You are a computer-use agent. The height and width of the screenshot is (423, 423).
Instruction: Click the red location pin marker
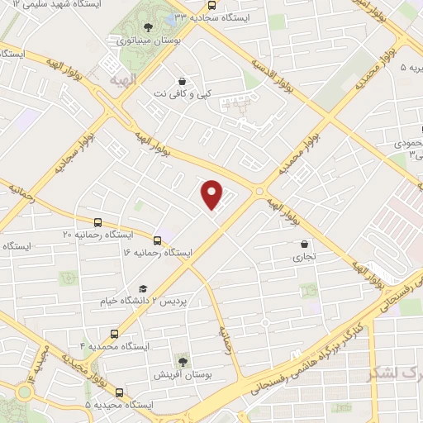[213, 195]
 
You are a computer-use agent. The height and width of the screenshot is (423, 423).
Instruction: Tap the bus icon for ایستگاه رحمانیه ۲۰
[98, 222]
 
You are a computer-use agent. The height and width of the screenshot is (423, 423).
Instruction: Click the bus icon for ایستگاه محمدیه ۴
[114, 335]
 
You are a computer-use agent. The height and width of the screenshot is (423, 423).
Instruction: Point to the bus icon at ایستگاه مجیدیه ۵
[120, 392]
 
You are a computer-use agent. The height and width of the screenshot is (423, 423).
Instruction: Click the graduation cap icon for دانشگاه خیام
[143, 288]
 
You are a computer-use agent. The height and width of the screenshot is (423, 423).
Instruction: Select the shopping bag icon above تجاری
[306, 244]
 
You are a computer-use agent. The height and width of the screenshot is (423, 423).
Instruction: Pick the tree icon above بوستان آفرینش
[183, 362]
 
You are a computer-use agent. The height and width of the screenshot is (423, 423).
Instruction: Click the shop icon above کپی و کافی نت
[181, 81]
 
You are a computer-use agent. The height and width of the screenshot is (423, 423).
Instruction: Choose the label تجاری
[306, 257]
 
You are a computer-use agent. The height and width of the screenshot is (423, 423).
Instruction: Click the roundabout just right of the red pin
[259, 191]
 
